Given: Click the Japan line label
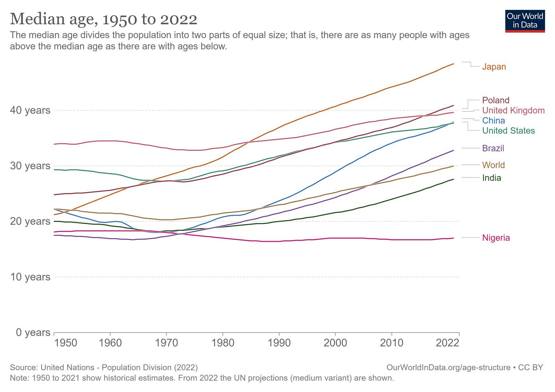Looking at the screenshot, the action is tap(494, 67).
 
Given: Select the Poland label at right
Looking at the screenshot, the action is tap(496, 100).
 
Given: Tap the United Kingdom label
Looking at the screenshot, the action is tap(513, 110).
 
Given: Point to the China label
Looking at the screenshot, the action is tap(494, 120).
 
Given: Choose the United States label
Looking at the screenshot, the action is tap(508, 131).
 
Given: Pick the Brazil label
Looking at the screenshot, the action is tap(493, 148).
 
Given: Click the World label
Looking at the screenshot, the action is tap(493, 165).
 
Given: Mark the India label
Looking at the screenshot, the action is tap(492, 177).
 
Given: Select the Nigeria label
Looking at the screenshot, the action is tap(496, 237).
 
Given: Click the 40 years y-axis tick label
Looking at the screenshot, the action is tap(30, 110).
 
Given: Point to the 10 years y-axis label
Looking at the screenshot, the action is tap(30, 277).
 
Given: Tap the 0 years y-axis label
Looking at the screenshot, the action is tap(33, 332).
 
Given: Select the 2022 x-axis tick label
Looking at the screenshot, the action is tap(447, 343).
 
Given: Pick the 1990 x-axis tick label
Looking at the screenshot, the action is tap(279, 343).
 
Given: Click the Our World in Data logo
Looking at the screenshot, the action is tap(525, 21).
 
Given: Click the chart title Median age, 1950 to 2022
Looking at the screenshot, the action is tap(103, 19).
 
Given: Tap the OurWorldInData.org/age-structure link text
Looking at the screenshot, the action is tap(448, 367).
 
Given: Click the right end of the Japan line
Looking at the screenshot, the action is tap(453, 64).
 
